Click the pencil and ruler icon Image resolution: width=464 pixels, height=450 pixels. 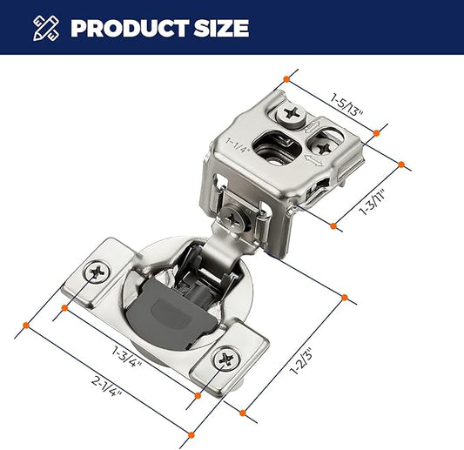click(45, 28)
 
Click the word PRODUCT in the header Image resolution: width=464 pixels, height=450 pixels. click(130, 28)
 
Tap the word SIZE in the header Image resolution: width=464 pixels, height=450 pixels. click(221, 28)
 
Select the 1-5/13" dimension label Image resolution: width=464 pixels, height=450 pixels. click(346, 105)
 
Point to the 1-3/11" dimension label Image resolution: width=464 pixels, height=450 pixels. click(373, 201)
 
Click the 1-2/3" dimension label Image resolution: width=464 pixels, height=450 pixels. click(301, 361)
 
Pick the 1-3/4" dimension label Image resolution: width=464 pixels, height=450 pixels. click(126, 356)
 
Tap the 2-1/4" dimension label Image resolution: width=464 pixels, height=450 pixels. click(106, 386)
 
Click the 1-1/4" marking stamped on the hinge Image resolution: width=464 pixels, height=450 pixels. click(238, 144)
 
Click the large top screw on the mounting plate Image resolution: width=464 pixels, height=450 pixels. click(291, 114)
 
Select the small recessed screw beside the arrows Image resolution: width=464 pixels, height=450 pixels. click(323, 148)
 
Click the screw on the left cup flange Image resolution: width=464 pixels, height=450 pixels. click(97, 272)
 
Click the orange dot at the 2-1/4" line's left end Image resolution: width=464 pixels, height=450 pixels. click(26, 326)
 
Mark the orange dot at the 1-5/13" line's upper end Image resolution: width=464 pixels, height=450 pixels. click(286, 79)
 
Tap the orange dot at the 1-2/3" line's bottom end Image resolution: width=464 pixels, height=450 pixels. click(243, 413)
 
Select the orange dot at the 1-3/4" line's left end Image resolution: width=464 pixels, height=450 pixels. click(64, 308)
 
